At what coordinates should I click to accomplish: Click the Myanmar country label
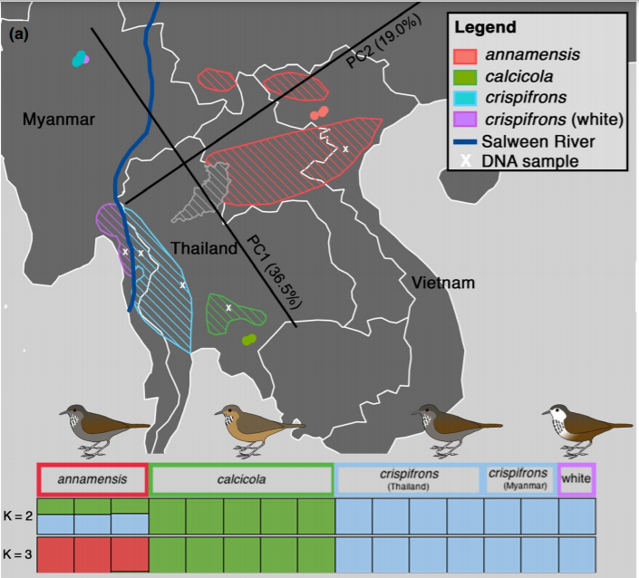point(59,120)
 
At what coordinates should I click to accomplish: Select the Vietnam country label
point(443,284)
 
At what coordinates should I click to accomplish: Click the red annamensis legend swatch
point(466,56)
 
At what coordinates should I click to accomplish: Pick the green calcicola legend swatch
point(466,76)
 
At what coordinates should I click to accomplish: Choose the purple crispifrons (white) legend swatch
point(466,119)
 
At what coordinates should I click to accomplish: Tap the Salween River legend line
point(466,141)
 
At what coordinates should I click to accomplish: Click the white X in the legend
point(466,161)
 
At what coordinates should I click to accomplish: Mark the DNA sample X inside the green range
point(228,308)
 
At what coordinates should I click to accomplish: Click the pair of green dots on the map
point(249,340)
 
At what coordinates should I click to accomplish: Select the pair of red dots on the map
point(319,113)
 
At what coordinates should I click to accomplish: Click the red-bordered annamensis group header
point(92,478)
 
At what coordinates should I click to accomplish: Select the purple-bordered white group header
point(576,478)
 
